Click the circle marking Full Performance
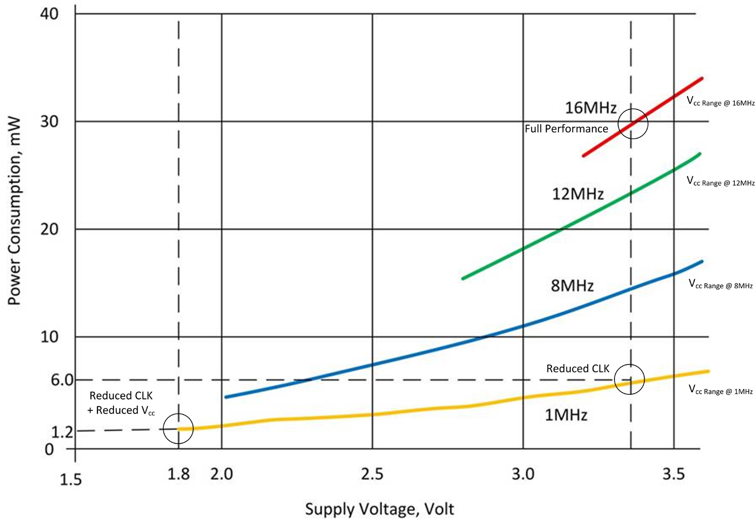632,124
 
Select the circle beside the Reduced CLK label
629,379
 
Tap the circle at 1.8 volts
178,429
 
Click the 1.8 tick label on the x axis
178,474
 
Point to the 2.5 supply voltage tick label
372,474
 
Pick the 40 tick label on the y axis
49,14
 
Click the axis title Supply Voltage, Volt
379,509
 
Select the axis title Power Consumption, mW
14,211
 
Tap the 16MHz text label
590,108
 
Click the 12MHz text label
578,194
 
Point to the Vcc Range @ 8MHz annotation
720,285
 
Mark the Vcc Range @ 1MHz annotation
720,390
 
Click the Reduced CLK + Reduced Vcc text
121,403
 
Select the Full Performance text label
566,129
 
